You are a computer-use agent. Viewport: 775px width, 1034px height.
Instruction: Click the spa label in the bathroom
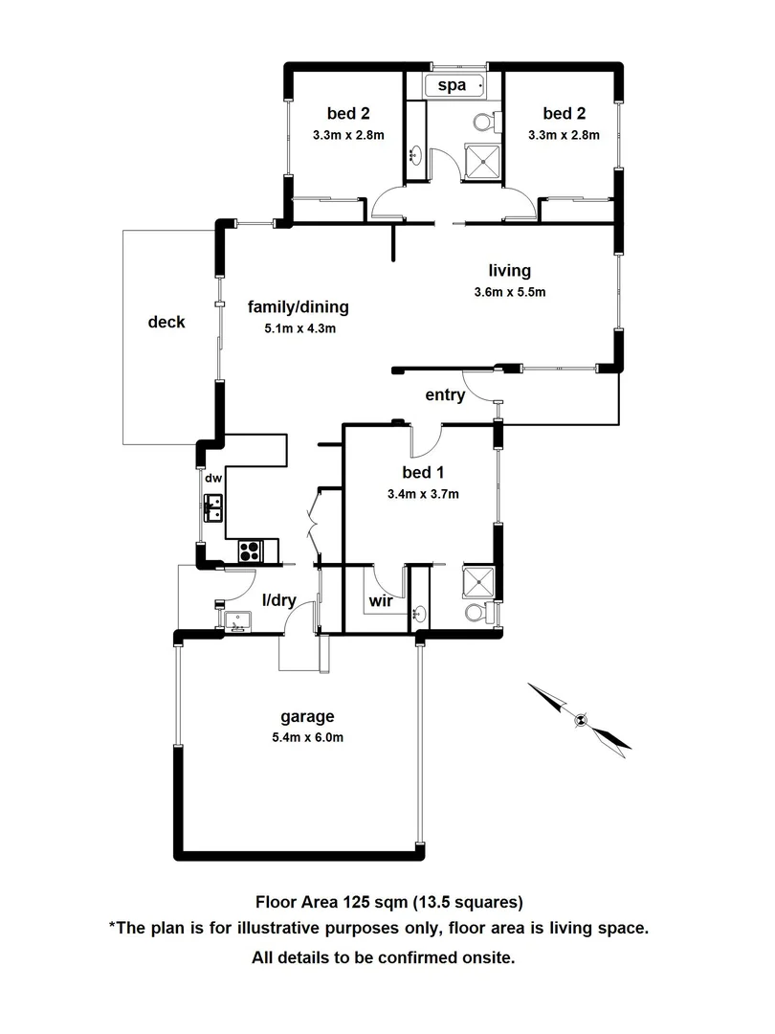tap(452, 86)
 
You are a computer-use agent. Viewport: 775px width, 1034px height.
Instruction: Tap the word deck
tap(166, 322)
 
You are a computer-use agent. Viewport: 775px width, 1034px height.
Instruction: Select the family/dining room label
tap(299, 307)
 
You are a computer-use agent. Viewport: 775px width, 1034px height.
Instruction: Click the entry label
tap(445, 394)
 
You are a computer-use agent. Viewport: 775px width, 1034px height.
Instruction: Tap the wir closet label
tap(379, 602)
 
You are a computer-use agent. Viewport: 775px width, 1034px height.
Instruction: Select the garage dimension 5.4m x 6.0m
tap(306, 737)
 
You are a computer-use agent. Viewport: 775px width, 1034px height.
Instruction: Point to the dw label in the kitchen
tap(212, 478)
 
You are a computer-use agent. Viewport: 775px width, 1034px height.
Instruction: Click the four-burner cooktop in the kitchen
tap(252, 551)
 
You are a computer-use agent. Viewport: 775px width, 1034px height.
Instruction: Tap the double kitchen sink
tap(212, 506)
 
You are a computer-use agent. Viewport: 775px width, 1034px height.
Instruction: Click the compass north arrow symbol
tap(579, 716)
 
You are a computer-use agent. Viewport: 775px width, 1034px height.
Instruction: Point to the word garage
tap(306, 716)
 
